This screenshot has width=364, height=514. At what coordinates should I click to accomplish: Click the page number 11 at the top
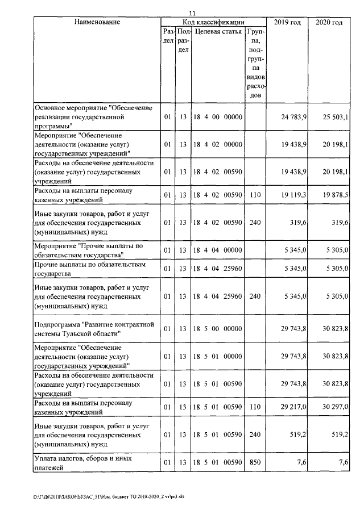click(x=192, y=13)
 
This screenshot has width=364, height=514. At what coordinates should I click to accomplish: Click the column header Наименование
click(x=97, y=22)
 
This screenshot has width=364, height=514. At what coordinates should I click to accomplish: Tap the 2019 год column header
click(x=288, y=22)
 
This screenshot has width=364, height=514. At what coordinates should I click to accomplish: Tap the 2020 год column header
click(x=329, y=22)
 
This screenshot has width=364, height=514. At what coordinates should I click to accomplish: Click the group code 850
click(x=255, y=462)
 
